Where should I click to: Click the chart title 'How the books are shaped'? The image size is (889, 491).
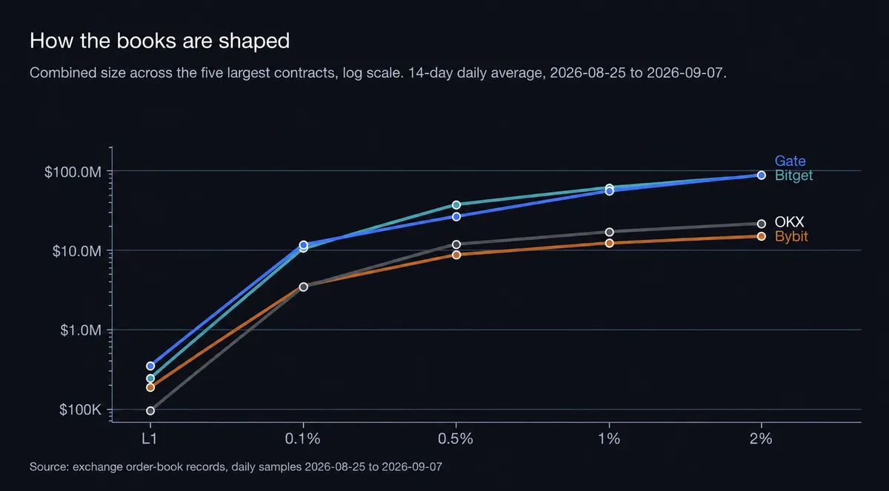pos(159,41)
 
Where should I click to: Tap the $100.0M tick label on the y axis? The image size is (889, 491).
pos(73,172)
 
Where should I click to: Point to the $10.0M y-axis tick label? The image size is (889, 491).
pos(76,251)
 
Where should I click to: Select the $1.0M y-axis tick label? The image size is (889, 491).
pos(81,330)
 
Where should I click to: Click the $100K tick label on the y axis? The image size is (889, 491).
pos(80,410)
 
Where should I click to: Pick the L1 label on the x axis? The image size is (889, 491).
pos(150,438)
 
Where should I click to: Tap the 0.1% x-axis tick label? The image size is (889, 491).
pos(303,438)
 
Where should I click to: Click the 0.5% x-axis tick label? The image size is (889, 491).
pos(456,438)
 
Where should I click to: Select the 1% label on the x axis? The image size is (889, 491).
pos(609,438)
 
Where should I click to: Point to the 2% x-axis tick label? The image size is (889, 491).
pos(762,438)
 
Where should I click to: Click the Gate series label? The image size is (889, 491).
pos(790,161)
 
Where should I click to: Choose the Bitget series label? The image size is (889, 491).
pos(793,176)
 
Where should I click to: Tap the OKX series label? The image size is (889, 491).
pos(790,221)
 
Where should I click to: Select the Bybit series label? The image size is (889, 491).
pos(791,236)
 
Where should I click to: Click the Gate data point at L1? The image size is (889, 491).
pos(150,366)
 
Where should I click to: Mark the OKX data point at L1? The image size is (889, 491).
pos(150,410)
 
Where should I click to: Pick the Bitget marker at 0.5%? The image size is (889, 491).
pos(456,204)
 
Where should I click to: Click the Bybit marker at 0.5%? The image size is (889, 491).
pos(456,255)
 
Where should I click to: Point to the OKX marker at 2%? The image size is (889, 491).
pos(762,224)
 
